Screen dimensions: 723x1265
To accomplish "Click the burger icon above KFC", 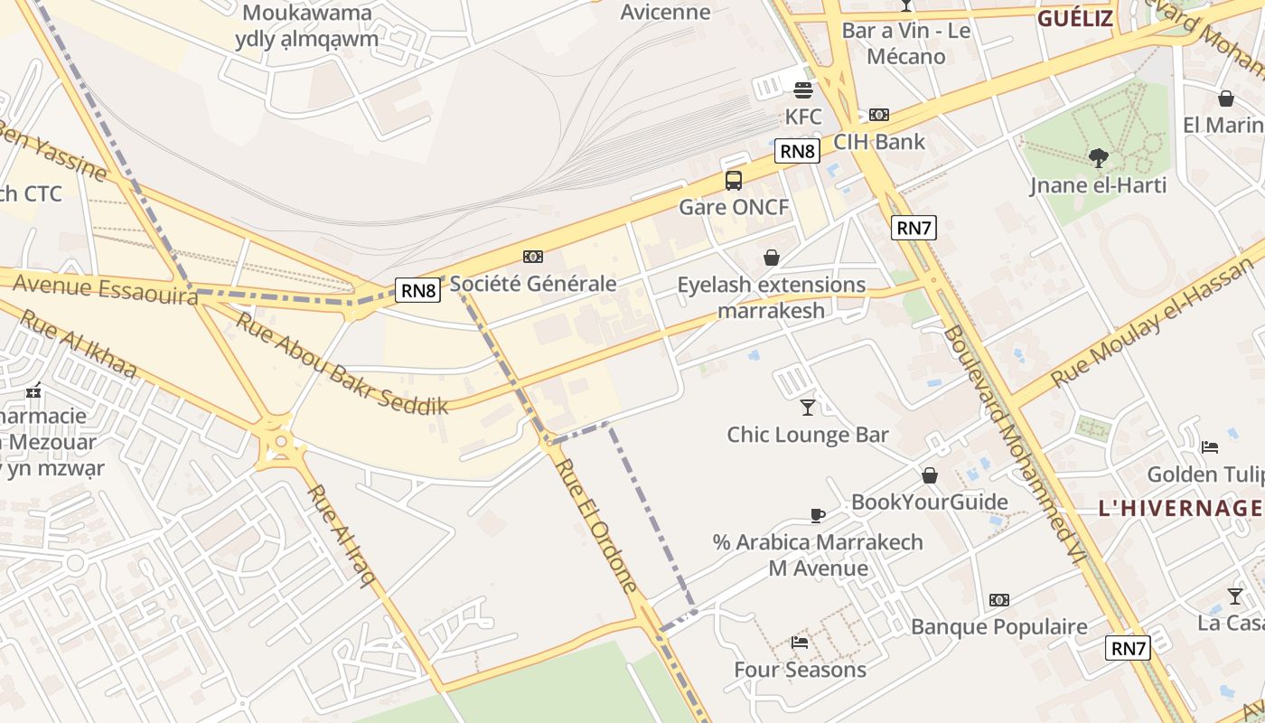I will coord(803,89).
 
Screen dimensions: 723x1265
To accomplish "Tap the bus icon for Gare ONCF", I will coord(734,181).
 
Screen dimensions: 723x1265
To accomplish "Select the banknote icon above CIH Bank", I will coord(879,115).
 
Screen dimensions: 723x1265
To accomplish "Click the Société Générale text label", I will coord(533,284).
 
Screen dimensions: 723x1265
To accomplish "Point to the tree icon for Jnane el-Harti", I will coord(1099,158).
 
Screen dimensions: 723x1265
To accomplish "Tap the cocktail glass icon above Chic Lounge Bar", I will coord(808,408).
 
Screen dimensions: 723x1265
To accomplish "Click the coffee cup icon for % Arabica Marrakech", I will coord(818,515).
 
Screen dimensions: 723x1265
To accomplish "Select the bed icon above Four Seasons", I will coord(800,643).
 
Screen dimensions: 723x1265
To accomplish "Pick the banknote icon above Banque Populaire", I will coord(998,600).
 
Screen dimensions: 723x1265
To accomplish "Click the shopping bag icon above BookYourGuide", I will coord(930,475).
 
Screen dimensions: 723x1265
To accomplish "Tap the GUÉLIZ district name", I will coord(1074,19).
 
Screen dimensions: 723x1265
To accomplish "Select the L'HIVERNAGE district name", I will coord(1180,508).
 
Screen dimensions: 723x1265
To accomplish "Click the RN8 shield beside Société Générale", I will coord(418,290).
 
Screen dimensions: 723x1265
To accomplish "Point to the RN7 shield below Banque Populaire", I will coord(1128,648).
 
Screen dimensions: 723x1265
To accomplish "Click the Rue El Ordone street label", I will coord(596,525).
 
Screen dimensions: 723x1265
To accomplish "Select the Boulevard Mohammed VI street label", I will coord(1012,446).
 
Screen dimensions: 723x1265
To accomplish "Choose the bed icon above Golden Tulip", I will coord(1210,447).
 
